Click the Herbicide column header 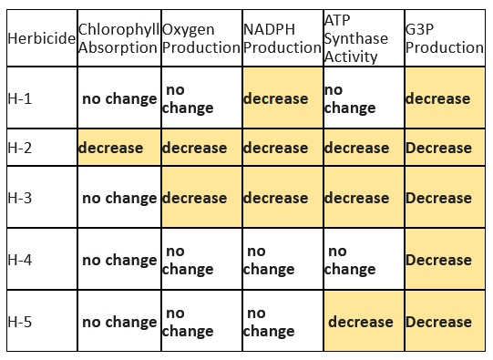point(41,39)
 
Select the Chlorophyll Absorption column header point(118,39)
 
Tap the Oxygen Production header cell point(200,39)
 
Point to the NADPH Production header point(282,39)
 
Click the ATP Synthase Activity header point(362,39)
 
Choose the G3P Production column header point(444,39)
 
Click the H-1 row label point(41,98)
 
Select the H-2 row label point(41,148)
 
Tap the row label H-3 point(41,198)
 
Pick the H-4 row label point(41,260)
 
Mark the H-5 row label point(41,322)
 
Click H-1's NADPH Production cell point(282,98)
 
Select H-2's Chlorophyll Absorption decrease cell point(118,148)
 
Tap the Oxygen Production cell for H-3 point(200,198)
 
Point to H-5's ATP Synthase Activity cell point(362,322)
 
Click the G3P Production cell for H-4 point(444,260)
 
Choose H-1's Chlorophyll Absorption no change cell point(118,98)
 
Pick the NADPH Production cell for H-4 point(282,260)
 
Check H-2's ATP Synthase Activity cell point(362,148)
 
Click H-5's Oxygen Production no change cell point(200,322)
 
